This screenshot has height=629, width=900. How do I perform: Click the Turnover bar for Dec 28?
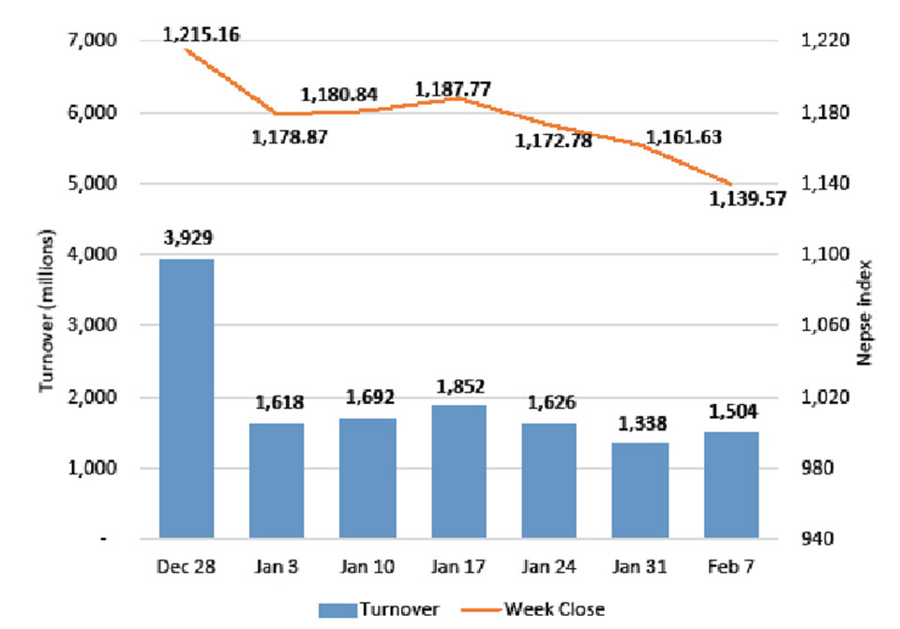click(x=187, y=398)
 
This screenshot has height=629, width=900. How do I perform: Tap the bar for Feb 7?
click(x=731, y=485)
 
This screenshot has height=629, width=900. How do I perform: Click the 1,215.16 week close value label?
click(x=201, y=35)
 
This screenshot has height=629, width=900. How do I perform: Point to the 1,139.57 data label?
click(x=747, y=199)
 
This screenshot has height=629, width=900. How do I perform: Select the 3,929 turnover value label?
click(x=187, y=238)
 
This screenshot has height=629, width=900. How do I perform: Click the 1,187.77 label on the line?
click(x=454, y=90)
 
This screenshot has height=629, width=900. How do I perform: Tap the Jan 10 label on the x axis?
click(x=368, y=569)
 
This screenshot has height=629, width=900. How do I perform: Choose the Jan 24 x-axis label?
click(x=550, y=569)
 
